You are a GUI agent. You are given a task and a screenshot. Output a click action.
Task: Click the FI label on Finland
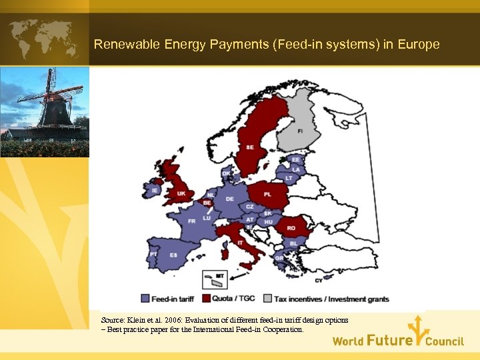299,131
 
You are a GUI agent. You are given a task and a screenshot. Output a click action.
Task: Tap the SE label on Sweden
249,147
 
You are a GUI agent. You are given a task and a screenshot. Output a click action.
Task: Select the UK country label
181,193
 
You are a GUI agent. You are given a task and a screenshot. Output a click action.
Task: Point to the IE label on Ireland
155,191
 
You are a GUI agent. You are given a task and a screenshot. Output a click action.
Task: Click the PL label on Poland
267,195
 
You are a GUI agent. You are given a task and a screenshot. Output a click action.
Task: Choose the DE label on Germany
229,199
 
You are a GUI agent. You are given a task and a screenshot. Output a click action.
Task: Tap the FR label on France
191,221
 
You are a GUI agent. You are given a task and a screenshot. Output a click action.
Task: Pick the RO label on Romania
291,227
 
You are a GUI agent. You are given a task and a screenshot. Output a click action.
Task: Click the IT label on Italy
241,243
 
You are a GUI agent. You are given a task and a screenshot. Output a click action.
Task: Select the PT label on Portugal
153,254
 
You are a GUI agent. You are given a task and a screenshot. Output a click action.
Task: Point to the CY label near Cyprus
318,281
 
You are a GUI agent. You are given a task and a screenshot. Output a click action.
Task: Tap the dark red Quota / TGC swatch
206,299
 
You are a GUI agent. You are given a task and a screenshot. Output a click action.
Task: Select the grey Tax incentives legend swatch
269,299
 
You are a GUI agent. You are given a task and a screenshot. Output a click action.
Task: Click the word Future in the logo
389,341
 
